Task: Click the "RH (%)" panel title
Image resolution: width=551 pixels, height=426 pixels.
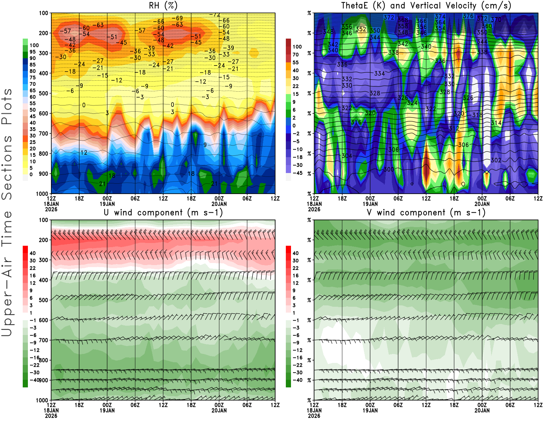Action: coord(163,6)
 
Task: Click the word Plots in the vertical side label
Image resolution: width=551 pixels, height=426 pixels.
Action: coord(7,106)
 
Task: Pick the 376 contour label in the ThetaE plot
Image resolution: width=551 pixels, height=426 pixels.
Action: coord(468,16)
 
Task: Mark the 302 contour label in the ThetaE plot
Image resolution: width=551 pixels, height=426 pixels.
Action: coord(496,160)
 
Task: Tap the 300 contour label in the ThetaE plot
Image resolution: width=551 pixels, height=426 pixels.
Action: coord(389,169)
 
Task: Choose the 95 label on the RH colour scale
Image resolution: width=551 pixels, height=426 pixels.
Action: coord(33,52)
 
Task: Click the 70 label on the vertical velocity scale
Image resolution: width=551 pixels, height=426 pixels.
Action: coord(295,54)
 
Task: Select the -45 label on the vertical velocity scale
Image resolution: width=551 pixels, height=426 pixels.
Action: coord(298,173)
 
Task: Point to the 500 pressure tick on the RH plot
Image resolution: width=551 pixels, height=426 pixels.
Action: coord(43,93)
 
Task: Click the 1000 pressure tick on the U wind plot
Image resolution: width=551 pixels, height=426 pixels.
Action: coord(42,400)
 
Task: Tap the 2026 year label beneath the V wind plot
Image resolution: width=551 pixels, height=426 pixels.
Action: coord(314,416)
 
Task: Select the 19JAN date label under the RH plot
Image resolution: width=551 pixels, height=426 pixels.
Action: coord(107,204)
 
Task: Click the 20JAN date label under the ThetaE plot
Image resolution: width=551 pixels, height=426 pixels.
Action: coord(482,204)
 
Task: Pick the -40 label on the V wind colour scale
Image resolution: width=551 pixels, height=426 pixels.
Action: coord(298,380)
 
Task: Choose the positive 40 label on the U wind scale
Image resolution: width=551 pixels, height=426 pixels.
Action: coord(33,253)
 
